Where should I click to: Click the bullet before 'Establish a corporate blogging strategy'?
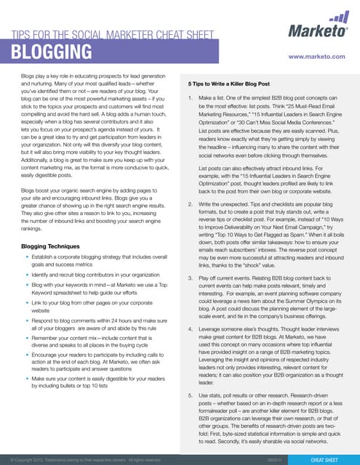click(27, 258)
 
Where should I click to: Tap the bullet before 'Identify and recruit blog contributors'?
click(27, 275)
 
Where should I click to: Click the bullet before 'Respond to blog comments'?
click(27, 320)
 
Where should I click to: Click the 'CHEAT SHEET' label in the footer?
click(327, 459)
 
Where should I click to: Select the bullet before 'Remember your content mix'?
click(27, 339)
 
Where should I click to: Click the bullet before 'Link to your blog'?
click(27, 302)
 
